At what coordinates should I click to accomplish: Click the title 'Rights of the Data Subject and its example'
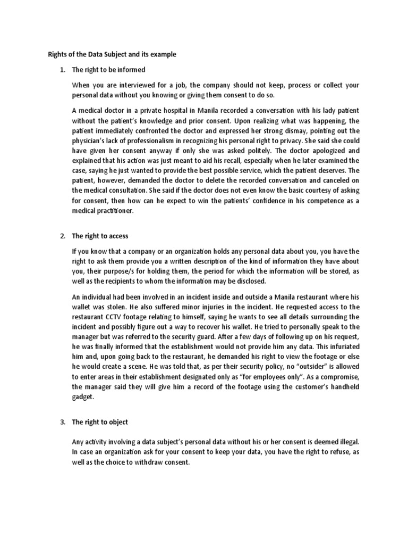pyautogui.click(x=112, y=54)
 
